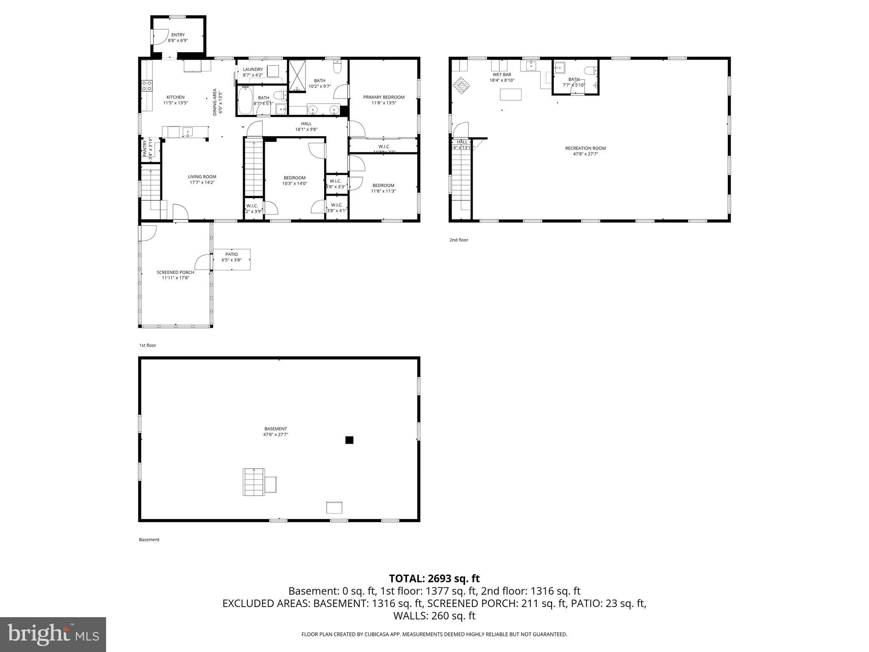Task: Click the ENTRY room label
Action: (178, 35)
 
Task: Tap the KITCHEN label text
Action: (175, 97)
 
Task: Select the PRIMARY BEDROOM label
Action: (384, 97)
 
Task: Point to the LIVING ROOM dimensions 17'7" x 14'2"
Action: (202, 183)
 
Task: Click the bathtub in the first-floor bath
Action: (245, 100)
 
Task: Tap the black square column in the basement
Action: (349, 440)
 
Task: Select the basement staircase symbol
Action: (254, 482)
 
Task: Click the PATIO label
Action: (231, 254)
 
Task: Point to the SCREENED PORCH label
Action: (175, 273)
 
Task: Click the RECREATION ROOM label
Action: (585, 148)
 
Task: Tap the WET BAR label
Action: (502, 75)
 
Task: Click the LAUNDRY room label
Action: (253, 69)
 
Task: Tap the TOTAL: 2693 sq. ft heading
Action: (434, 579)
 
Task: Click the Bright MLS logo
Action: (53, 635)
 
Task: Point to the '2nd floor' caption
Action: (459, 240)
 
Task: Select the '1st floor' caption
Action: (148, 346)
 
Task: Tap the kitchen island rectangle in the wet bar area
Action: (510, 94)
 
